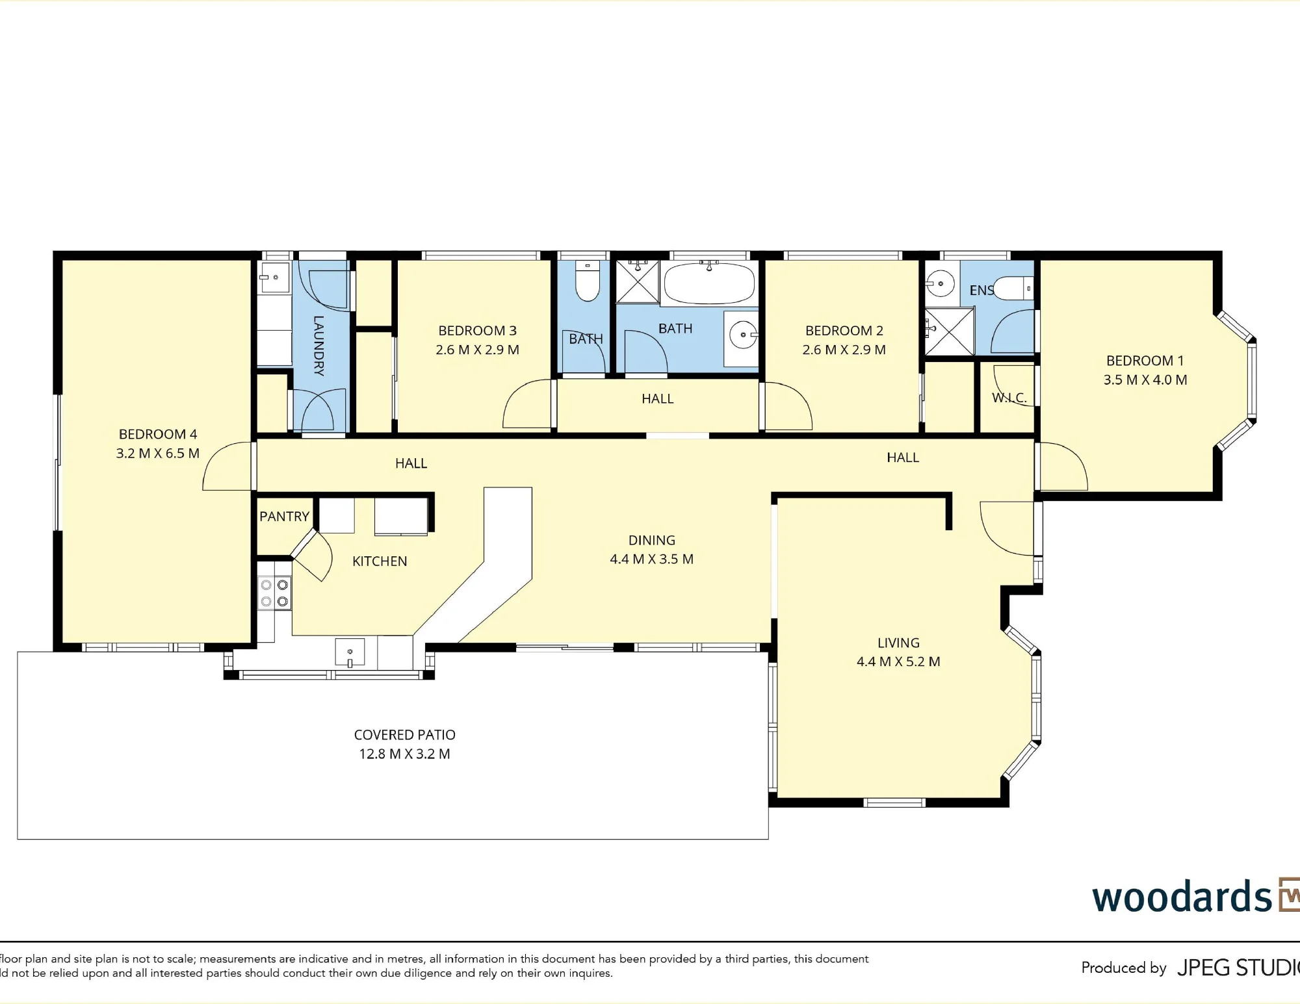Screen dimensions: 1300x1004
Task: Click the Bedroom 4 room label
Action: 158,434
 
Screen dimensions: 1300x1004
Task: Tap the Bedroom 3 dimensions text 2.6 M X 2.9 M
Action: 478,350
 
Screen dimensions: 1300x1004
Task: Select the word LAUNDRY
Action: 318,346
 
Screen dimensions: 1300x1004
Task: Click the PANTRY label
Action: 284,517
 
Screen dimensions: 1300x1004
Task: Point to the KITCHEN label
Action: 380,561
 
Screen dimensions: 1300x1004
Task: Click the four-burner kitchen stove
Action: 274,593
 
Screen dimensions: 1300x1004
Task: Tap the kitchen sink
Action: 350,652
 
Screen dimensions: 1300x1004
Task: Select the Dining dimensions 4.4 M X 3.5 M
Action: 652,559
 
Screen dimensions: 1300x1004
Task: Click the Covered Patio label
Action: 405,735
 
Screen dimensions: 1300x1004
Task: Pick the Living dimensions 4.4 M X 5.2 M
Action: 898,662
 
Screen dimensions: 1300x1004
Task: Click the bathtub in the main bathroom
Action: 709,283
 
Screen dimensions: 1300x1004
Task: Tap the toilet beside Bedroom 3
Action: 588,281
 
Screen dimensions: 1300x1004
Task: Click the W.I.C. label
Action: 1009,398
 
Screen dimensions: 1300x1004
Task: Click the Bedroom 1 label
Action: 1145,361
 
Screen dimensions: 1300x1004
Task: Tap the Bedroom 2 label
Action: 844,331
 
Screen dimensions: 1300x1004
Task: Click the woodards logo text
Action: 1182,897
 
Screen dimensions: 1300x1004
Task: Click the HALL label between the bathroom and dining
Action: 658,399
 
